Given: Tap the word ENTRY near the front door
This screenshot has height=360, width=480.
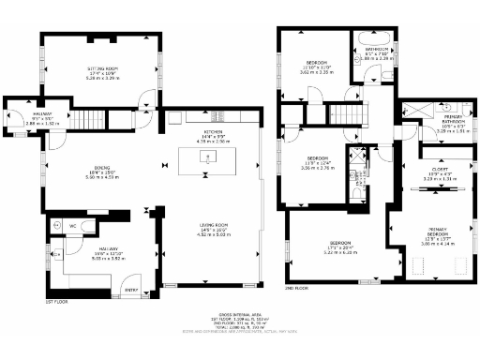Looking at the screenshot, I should (x=130, y=290).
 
